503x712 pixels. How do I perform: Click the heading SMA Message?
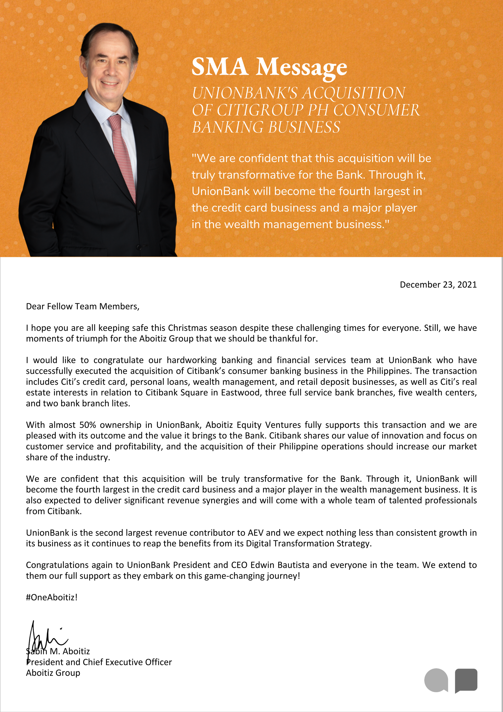tap(269, 67)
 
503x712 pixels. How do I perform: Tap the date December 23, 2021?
tap(438, 285)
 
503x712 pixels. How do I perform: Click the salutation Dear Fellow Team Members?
tap(82, 306)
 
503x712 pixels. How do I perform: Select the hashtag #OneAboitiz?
tap(52, 597)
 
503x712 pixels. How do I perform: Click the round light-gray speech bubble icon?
tap(436, 680)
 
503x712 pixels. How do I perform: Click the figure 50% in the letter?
tap(88, 425)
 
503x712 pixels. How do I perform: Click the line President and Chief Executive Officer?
tap(99, 662)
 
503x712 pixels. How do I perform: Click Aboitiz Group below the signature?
tap(53, 673)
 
